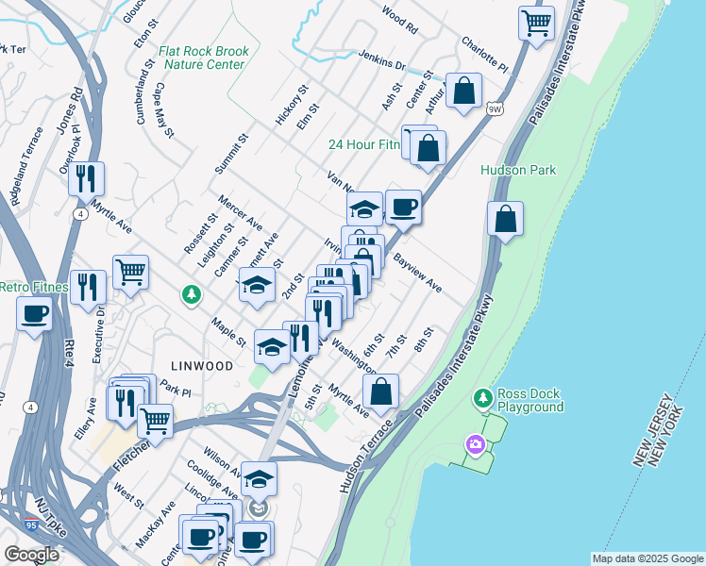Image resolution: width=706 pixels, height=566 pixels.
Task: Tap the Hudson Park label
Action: click(518, 170)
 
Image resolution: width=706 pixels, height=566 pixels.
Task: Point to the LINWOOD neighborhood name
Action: click(200, 365)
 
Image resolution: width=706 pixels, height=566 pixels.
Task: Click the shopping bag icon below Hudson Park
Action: click(506, 219)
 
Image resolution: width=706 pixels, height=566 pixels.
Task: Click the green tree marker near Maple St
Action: click(192, 295)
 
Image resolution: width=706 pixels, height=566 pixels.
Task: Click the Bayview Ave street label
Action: click(417, 271)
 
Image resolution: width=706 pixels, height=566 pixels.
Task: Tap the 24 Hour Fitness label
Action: click(364, 144)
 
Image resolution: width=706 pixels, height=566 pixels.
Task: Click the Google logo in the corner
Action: click(31, 555)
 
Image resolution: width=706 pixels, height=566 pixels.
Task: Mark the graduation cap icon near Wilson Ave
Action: click(259, 477)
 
